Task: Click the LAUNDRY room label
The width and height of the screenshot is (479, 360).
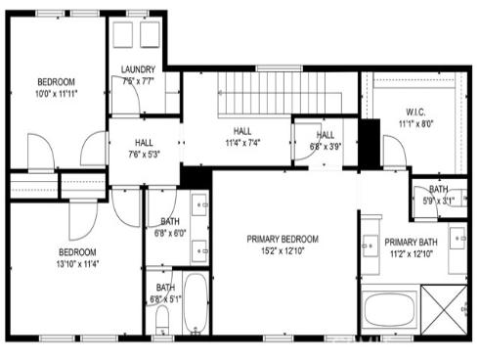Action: click(x=138, y=68)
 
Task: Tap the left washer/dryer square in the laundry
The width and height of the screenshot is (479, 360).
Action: click(x=123, y=35)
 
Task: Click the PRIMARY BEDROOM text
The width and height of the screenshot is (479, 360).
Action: click(x=283, y=238)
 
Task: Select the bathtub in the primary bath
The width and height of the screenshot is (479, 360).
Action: click(x=390, y=311)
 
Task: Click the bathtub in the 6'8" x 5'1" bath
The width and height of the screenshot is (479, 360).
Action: click(x=195, y=304)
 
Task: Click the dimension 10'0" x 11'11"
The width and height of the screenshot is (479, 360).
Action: click(x=57, y=94)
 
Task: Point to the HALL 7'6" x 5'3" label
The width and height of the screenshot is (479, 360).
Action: click(x=143, y=147)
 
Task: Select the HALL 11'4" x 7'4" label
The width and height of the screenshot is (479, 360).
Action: click(x=242, y=135)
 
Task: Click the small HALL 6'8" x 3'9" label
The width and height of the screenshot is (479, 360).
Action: click(x=325, y=141)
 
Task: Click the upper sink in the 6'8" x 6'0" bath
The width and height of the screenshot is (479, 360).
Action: click(x=198, y=206)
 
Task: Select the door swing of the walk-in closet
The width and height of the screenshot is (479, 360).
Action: click(x=394, y=153)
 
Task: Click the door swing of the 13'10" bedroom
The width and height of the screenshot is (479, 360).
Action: click(x=82, y=213)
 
